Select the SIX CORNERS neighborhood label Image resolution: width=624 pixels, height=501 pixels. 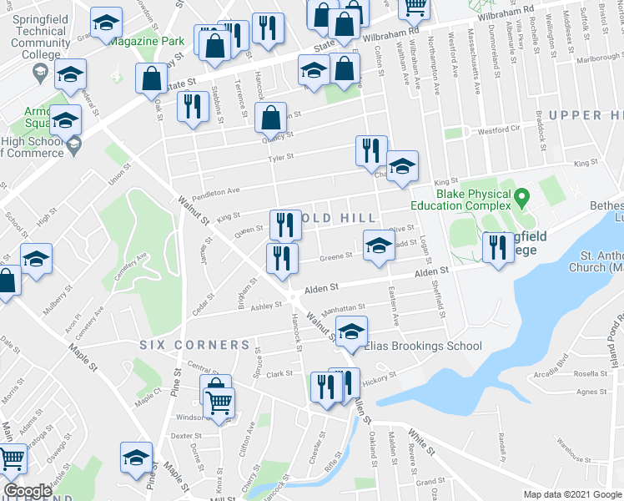(194, 344)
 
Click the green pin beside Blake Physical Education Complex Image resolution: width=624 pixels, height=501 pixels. (521, 199)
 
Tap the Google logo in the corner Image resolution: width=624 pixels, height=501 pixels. (28, 491)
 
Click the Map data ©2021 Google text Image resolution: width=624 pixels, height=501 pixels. (572, 494)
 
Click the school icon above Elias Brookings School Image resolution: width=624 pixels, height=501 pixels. (351, 331)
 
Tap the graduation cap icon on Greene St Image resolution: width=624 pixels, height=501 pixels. (378, 245)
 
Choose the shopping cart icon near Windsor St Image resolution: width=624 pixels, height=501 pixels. (219, 403)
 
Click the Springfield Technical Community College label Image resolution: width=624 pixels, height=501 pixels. (39, 31)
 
